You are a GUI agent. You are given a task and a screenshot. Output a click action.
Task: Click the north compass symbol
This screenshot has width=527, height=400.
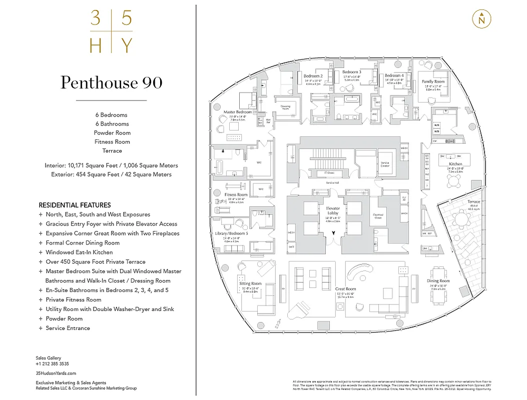coord(481,19)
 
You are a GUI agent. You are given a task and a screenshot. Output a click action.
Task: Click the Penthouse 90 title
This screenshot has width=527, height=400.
coord(112,82)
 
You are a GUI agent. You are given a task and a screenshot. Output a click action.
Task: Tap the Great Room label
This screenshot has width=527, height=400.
coord(345,289)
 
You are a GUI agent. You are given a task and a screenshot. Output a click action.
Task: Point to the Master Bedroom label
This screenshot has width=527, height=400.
coord(234,112)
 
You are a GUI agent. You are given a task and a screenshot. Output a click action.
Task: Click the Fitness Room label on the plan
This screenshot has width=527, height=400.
coord(236,194)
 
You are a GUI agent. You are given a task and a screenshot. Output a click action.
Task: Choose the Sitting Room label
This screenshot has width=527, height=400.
coord(250,283)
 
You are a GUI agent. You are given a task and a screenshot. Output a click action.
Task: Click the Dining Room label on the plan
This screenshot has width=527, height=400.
coord(438,281)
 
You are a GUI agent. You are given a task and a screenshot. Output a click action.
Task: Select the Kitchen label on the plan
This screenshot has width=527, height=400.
coord(455,164)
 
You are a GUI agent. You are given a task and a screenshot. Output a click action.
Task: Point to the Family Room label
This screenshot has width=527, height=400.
coord(433,81)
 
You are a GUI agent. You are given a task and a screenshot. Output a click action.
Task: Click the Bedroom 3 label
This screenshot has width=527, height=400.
coord(352,72)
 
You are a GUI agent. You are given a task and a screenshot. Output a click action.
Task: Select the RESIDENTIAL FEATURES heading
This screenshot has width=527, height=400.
coord(75,205)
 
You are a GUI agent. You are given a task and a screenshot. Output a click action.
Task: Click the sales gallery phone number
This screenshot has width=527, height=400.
coord(52,364)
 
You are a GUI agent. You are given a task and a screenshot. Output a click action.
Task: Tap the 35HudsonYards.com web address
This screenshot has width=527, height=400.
coord(56,373)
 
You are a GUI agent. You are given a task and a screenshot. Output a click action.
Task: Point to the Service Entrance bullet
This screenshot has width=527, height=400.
coord(68,328)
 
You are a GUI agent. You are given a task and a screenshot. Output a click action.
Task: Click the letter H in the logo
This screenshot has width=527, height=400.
coord(95,46)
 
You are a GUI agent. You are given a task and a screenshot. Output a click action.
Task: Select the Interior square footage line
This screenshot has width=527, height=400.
coord(111,165)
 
